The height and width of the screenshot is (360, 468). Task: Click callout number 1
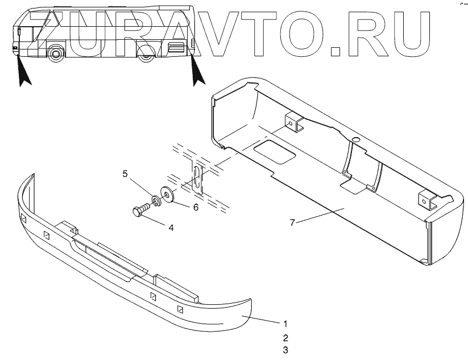click(x=285, y=324)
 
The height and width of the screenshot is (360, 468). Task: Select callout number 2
click(x=285, y=337)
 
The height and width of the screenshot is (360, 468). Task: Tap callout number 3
click(x=285, y=350)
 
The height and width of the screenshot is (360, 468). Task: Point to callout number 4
click(x=170, y=227)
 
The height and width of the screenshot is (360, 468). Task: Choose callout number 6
click(x=195, y=208)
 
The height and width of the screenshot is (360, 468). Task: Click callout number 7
click(x=292, y=222)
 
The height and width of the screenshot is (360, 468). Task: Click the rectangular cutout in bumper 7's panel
click(x=271, y=151)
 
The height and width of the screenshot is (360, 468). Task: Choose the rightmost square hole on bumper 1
click(x=180, y=309)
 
